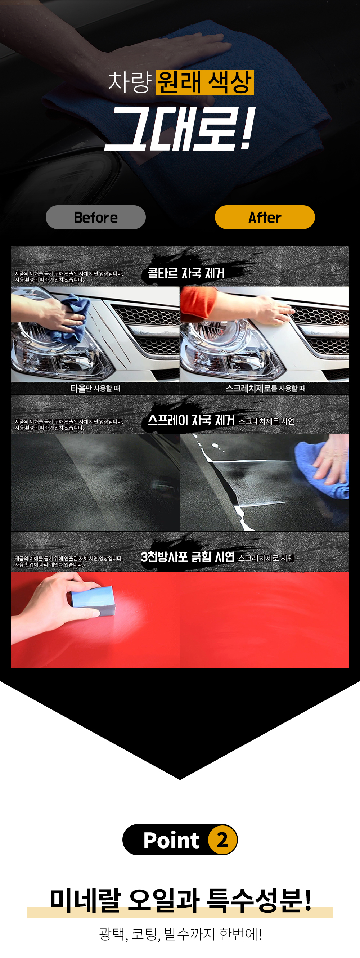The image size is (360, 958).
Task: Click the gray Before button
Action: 95,217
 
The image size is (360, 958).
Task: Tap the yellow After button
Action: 265,217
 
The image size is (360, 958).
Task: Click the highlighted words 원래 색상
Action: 204,82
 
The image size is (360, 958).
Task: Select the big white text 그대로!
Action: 180,129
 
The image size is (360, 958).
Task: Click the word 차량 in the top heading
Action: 130,82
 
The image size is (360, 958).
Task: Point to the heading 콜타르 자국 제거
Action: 186,273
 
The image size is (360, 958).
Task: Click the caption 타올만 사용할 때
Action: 95,388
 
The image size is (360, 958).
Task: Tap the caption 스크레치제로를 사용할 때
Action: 266,388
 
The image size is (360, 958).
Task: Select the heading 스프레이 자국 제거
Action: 191,420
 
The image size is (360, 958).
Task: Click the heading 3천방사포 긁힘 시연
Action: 188,557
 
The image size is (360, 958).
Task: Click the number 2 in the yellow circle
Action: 222,840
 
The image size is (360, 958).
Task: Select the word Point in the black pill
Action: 171,840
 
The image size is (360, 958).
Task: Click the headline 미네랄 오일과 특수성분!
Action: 180,900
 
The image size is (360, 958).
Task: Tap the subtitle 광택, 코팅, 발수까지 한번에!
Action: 180,934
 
